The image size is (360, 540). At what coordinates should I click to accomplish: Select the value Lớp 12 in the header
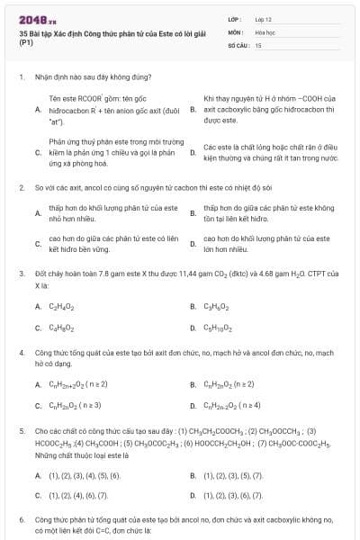[263, 19]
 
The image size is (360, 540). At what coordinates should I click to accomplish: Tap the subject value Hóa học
[265, 31]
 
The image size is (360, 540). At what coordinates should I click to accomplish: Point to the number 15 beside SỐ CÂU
[258, 44]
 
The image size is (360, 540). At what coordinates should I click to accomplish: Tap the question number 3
[21, 272]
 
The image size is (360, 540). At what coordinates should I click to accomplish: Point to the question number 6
[21, 520]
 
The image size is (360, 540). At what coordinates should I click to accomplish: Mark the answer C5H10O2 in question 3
[219, 328]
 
